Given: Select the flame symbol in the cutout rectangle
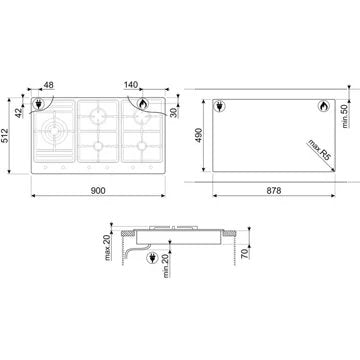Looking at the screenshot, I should coord(323,107).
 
